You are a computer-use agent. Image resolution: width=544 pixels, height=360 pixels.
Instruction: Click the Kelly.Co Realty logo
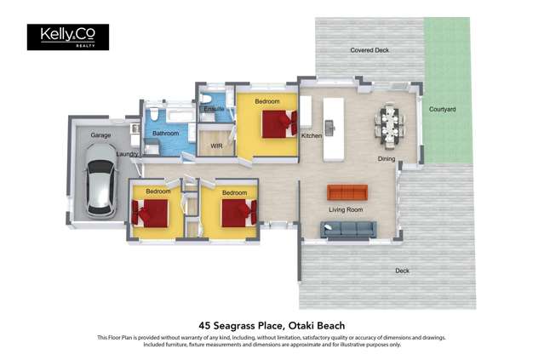(67, 37)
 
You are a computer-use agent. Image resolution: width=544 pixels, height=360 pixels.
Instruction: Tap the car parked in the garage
(101, 180)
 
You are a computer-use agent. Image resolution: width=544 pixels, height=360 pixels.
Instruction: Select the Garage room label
(101, 135)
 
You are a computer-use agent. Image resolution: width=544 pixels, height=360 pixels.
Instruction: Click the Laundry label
(128, 154)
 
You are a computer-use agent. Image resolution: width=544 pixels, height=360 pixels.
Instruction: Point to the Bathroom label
(165, 134)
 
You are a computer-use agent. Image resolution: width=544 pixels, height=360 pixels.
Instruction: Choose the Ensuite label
(214, 110)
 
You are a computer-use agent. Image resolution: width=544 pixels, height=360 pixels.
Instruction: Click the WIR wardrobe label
(216, 146)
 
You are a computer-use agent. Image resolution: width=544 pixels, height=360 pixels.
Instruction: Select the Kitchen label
(311, 136)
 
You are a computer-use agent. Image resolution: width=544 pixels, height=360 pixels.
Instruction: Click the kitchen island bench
(332, 128)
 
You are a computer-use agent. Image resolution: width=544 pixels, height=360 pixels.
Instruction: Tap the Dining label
(387, 159)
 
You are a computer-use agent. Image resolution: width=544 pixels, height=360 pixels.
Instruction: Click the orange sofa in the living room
(346, 191)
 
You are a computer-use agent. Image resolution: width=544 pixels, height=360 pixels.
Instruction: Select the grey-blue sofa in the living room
(348, 229)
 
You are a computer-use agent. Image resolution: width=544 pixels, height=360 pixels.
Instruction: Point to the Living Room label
(346, 209)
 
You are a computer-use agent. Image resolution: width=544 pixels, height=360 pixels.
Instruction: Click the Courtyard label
(442, 110)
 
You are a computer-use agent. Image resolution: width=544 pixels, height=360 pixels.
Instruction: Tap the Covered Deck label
(369, 50)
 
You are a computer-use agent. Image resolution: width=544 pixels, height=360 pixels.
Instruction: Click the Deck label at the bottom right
(402, 271)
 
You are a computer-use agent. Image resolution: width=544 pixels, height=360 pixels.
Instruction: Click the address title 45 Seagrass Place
(272, 325)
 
